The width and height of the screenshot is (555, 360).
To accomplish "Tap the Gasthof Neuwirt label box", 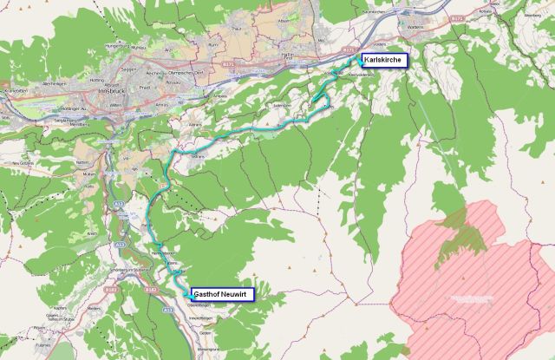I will coord(222,294).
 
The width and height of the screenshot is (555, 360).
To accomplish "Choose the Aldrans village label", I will coord(195,125).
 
